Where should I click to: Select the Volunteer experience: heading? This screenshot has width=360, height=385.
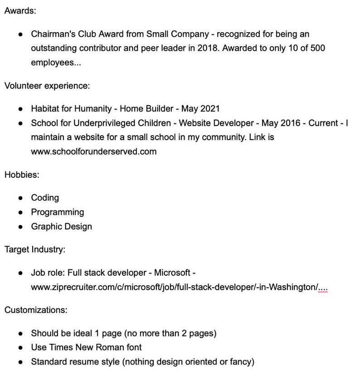tap(41, 85)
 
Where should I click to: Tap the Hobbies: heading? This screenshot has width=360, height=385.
tap(22, 175)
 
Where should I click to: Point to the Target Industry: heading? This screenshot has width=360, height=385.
tap(35, 249)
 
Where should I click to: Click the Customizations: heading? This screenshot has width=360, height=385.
tap(36, 310)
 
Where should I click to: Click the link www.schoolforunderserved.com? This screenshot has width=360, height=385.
tap(93, 151)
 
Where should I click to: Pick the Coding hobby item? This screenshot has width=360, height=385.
tap(45, 198)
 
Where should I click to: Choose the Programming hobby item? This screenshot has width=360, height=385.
tap(57, 212)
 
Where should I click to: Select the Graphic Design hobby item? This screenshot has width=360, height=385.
tap(61, 226)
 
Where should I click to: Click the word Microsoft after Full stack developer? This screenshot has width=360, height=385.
tap(173, 273)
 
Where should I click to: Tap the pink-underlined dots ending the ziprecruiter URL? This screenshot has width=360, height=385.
tap(323, 287)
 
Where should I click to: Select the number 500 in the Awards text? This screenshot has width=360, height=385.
tap(316, 48)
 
